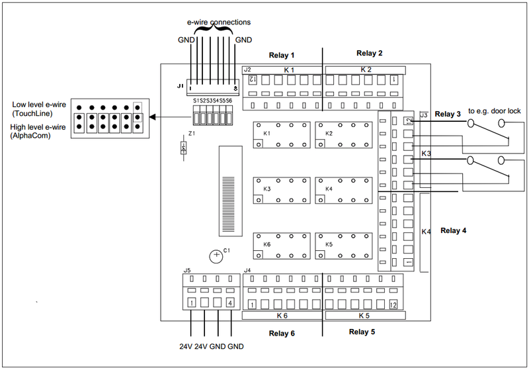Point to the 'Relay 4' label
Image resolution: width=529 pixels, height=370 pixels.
coord(454,230)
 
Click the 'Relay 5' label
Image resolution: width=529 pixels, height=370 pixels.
coord(362,332)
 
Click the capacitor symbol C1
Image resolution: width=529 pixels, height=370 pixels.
coord(216,255)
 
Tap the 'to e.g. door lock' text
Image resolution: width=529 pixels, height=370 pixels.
coord(495,111)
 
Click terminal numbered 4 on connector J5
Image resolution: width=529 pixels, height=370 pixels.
coord(230,303)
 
